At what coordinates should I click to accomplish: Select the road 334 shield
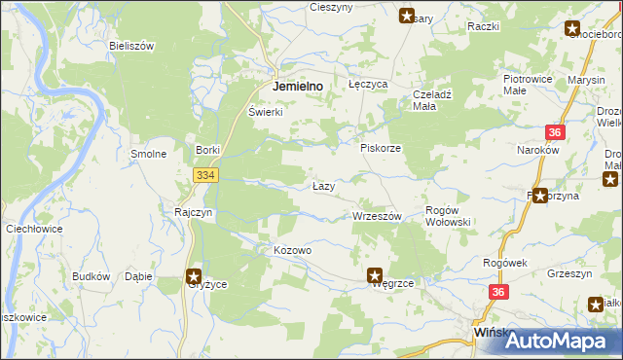204,175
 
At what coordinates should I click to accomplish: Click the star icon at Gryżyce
195,276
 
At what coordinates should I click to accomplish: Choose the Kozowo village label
292,251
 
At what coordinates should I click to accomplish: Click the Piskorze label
381,148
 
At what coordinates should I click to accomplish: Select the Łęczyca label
369,86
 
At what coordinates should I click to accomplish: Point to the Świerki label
265,112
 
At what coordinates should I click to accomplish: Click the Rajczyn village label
193,212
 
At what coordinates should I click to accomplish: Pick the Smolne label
149,154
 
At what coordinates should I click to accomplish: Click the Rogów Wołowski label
449,216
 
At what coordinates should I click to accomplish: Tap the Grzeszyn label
570,274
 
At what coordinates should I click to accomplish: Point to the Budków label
91,276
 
